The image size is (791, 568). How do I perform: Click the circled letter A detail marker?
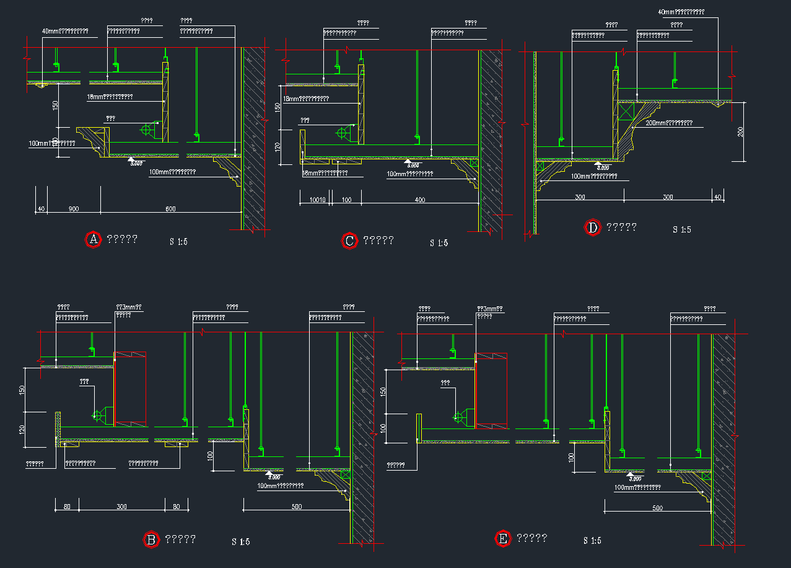click(93, 239)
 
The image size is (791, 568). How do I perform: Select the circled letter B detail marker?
click(151, 539)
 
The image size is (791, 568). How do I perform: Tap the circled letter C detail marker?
click(349, 241)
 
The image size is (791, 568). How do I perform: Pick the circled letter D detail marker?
click(593, 228)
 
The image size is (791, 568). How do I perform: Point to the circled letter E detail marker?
click(502, 538)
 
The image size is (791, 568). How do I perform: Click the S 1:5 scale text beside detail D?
click(681, 229)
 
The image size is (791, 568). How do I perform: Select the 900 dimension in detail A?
click(73, 209)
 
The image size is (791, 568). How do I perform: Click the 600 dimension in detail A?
click(170, 209)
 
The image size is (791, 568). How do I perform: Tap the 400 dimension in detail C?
click(420, 200)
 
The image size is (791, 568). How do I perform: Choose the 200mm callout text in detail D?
click(669, 123)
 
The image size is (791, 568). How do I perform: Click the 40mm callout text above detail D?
click(681, 12)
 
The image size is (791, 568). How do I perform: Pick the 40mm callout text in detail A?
click(65, 31)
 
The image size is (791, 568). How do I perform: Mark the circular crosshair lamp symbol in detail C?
click(341, 133)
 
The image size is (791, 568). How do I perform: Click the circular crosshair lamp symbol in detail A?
click(147, 130)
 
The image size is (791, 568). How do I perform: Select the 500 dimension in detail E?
click(657, 508)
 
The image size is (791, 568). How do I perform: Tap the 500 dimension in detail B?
click(296, 507)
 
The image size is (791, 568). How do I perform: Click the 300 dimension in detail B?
click(121, 507)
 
